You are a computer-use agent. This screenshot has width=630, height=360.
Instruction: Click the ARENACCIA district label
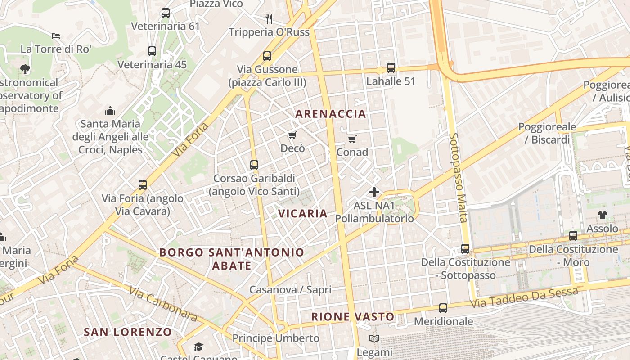330,114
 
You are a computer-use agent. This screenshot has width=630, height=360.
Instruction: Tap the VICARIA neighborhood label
303,213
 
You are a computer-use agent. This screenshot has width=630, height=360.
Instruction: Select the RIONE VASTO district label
353,317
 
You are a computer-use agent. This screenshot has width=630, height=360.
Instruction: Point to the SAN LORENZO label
128,332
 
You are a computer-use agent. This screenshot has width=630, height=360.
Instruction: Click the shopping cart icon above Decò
292,135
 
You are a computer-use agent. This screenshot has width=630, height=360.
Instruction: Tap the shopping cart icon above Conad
352,139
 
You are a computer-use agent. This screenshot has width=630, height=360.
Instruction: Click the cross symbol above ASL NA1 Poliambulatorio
374,193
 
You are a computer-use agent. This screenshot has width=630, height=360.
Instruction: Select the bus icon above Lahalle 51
391,68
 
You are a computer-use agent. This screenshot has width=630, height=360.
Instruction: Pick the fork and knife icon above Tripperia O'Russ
269,18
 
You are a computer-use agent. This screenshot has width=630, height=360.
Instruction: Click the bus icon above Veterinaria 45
152,51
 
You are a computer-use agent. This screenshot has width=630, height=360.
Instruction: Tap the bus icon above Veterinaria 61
165,13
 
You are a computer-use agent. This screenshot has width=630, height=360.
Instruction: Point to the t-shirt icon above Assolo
602,215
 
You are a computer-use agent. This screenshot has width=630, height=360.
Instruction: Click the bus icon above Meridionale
443,308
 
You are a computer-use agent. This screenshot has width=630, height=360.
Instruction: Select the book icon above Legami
374,338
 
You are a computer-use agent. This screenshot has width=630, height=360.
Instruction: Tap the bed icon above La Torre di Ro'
56,36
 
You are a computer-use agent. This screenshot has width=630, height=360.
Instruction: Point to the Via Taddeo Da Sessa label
524,298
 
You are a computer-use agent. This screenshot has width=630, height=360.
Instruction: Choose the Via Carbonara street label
163,304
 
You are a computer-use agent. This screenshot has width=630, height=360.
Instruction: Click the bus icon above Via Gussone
267,56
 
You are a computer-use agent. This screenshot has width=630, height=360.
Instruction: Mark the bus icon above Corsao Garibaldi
254,165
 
